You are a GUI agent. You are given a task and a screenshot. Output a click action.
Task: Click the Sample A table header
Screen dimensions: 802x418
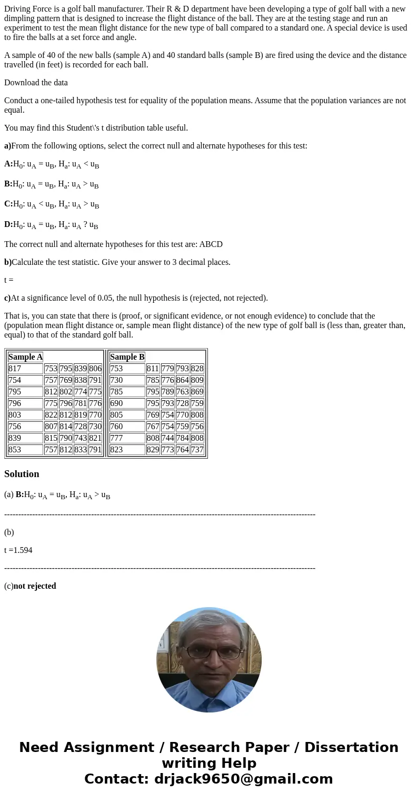pyautogui.click(x=25, y=357)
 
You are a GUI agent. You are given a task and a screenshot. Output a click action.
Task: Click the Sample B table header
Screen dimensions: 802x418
pyautogui.click(x=127, y=357)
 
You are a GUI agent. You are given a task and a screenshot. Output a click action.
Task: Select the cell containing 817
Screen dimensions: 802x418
pyautogui.click(x=15, y=369)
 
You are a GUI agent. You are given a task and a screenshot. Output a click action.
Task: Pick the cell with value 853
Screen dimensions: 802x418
pyautogui.click(x=15, y=450)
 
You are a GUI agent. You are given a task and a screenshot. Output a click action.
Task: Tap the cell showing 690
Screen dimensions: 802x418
pyautogui.click(x=116, y=403)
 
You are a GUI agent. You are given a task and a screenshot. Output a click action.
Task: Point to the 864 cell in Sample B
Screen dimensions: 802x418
pyautogui.click(x=182, y=380)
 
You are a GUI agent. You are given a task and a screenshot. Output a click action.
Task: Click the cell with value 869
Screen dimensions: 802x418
pyautogui.click(x=197, y=392)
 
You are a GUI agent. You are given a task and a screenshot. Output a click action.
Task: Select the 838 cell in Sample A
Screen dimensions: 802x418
pyautogui.click(x=81, y=380)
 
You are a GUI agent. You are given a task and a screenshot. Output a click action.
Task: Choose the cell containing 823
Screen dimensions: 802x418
pyautogui.click(x=116, y=450)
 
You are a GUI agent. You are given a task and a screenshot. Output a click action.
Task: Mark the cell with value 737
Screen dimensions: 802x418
pyautogui.click(x=197, y=450)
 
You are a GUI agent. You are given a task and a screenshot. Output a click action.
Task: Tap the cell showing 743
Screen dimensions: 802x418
pyautogui.click(x=81, y=438)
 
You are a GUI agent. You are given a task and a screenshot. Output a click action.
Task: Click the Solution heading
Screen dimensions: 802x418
pyautogui.click(x=22, y=474)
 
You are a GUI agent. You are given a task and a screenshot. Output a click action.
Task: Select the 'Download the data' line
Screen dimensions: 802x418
pyautogui.click(x=36, y=83)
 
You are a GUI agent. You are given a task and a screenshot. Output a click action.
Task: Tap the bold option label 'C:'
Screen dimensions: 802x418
pyautogui.click(x=8, y=204)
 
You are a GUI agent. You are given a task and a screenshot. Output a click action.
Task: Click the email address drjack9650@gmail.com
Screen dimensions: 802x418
pyautogui.click(x=243, y=779)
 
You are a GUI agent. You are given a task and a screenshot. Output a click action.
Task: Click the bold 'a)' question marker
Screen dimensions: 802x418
pyautogui.click(x=7, y=146)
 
